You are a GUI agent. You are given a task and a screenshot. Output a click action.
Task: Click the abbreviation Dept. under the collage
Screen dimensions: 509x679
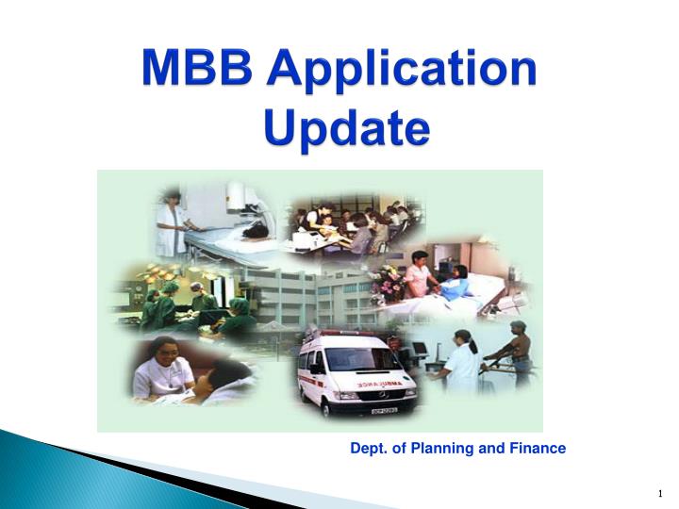tap(368, 449)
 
